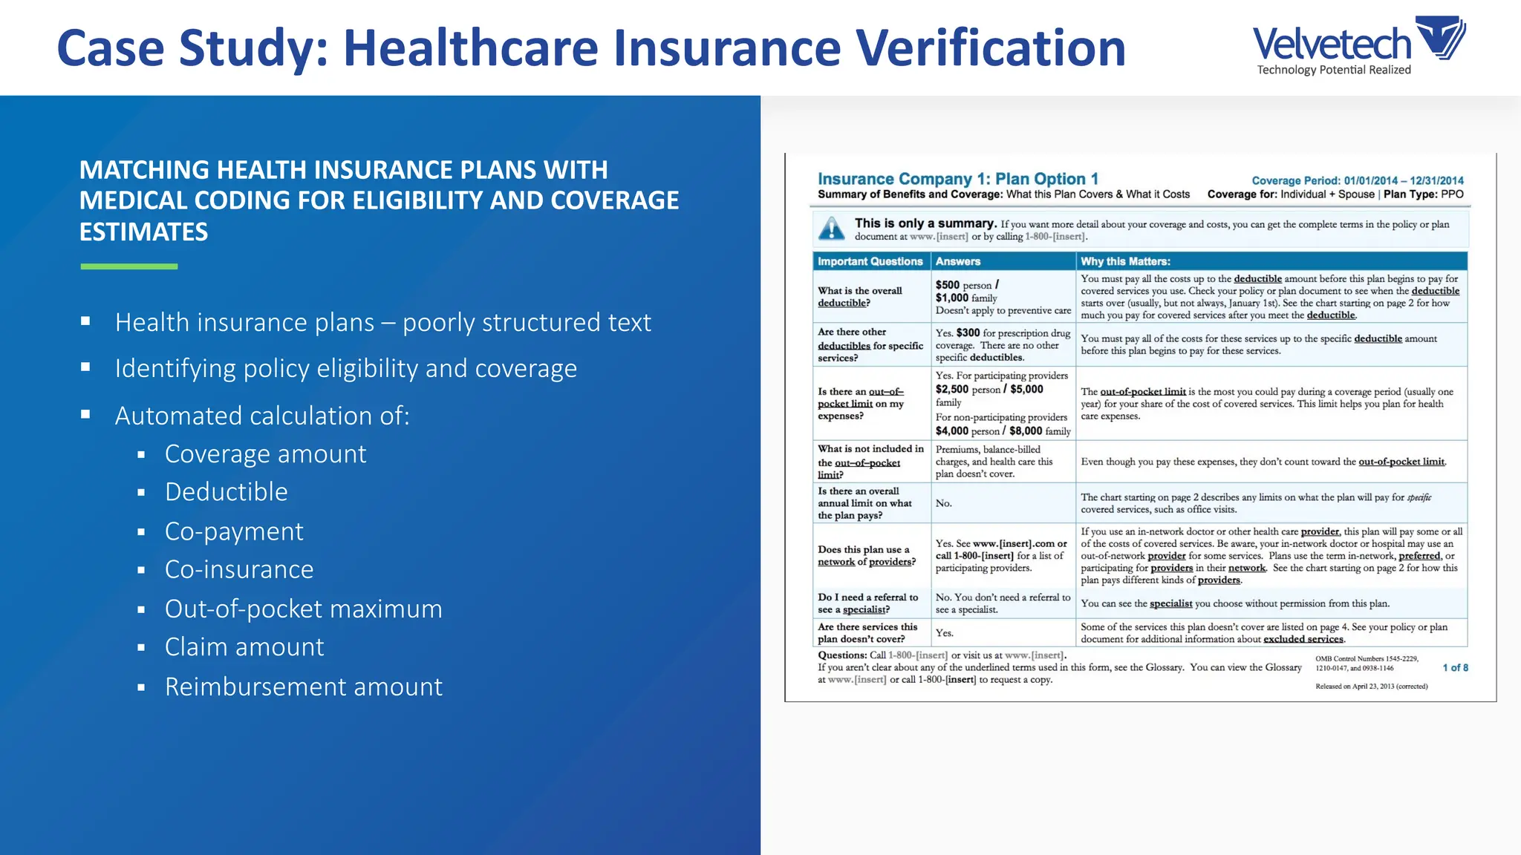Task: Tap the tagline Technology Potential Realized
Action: (x=1334, y=70)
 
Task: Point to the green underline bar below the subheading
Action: (x=129, y=266)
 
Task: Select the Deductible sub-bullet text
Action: (x=227, y=492)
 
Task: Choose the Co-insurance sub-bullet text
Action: (x=239, y=569)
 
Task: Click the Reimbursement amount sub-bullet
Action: (x=304, y=687)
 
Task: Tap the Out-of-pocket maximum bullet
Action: (x=304, y=609)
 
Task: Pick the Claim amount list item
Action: (x=244, y=647)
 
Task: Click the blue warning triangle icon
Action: (x=832, y=229)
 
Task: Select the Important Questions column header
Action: (x=870, y=261)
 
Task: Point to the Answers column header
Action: (x=958, y=261)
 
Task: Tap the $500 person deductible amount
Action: (x=964, y=285)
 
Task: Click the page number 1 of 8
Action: (x=1455, y=668)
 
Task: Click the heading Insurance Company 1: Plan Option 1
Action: (x=957, y=179)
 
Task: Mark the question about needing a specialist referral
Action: (x=867, y=603)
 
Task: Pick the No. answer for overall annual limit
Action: (x=944, y=503)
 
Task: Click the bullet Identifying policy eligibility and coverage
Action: (x=346, y=369)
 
